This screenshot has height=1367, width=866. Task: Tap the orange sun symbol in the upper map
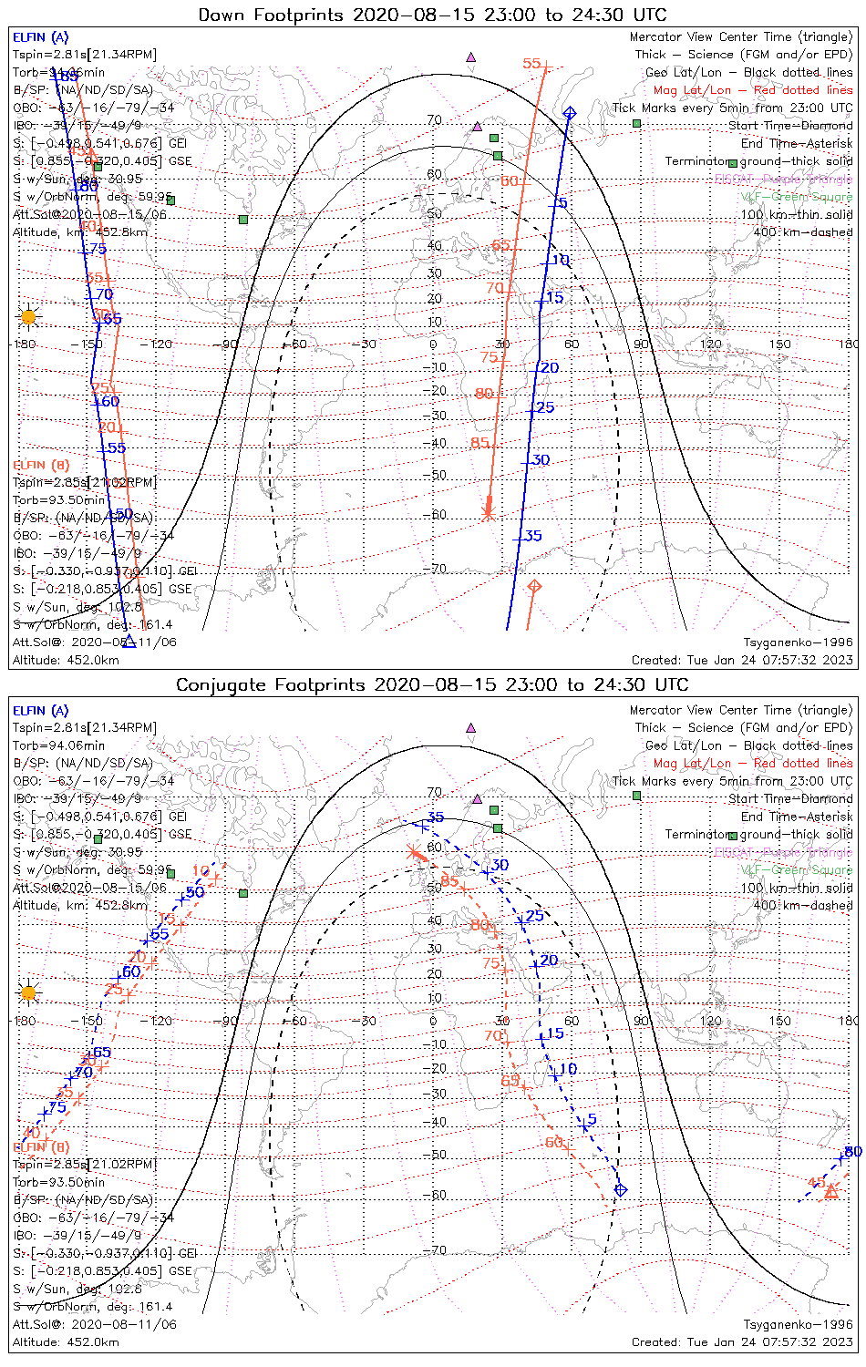pyautogui.click(x=28, y=317)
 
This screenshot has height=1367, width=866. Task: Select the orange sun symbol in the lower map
pyautogui.click(x=28, y=992)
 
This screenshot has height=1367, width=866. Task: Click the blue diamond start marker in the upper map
pyautogui.click(x=570, y=112)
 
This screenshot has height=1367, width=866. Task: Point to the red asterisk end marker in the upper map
pyautogui.click(x=488, y=513)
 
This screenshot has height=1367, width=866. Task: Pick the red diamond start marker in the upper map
pyautogui.click(x=535, y=585)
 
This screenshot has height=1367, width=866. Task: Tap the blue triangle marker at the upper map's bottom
pyautogui.click(x=129, y=641)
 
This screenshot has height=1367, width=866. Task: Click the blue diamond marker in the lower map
pyautogui.click(x=621, y=1189)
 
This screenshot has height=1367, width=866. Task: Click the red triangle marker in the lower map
pyautogui.click(x=830, y=1190)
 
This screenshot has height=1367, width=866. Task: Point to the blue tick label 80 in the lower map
pyautogui.click(x=853, y=1152)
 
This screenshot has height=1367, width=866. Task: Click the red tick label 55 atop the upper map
pyautogui.click(x=531, y=64)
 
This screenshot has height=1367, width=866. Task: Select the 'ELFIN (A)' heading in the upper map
pyautogui.click(x=40, y=37)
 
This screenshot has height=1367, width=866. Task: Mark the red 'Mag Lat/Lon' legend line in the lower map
pyautogui.click(x=752, y=763)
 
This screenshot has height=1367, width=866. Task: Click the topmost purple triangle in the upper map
pyautogui.click(x=470, y=57)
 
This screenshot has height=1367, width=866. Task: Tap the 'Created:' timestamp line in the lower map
pyautogui.click(x=742, y=1341)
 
